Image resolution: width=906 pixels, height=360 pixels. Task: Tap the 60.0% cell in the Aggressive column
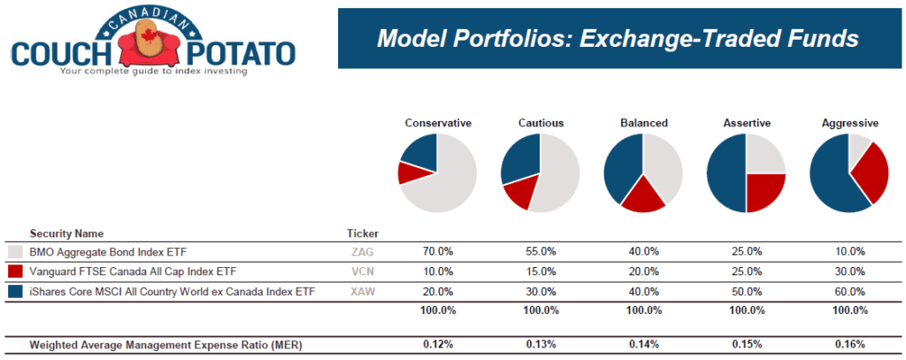pos(849,291)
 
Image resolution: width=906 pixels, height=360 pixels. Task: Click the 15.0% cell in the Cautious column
pos(541,272)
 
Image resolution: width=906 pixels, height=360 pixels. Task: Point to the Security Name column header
pos(65,234)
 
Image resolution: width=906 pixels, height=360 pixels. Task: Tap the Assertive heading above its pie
pos(746,123)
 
